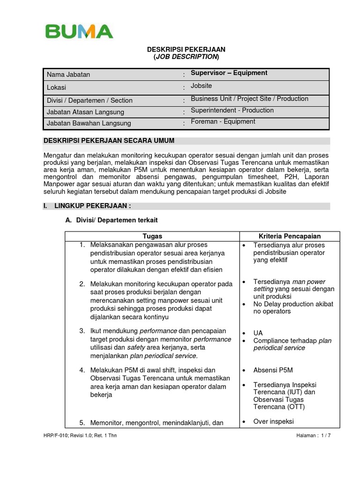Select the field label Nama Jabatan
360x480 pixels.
[68, 75]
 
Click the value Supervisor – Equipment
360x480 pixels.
[229, 73]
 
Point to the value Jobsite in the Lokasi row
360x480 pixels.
[201, 86]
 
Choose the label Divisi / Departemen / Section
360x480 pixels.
[90, 100]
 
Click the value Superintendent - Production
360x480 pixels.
[232, 110]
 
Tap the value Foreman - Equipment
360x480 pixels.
[223, 121]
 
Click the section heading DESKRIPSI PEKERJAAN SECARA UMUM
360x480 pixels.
[109, 141]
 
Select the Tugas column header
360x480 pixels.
[152, 236]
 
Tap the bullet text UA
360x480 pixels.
[258, 333]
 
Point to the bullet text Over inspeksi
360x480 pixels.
[273, 421]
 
